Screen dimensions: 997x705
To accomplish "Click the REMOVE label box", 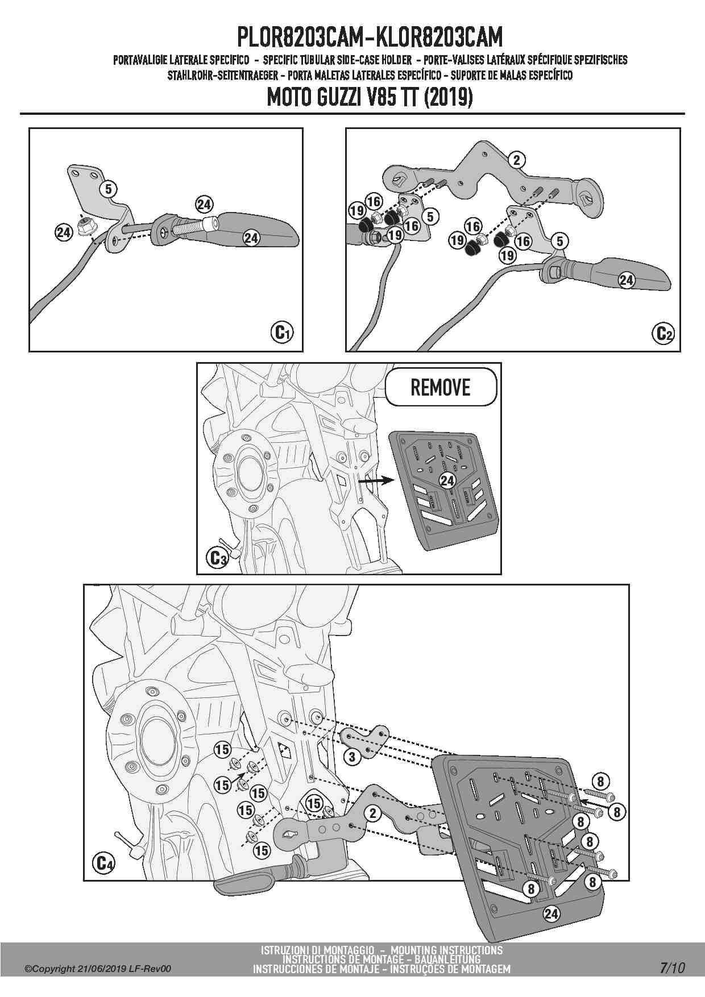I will (441, 388).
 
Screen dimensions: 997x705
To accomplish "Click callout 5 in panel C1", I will (110, 188).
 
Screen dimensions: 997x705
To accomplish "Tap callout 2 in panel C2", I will (517, 160).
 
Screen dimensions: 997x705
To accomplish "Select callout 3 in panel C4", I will (352, 757).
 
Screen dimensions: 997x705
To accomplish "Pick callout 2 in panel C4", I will (373, 813).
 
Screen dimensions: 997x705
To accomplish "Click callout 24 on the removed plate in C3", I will (447, 480).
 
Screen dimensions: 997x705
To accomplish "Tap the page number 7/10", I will (673, 967).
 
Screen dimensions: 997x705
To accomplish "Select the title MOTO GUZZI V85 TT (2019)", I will (370, 98).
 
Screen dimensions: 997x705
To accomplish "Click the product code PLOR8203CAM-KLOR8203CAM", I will (370, 38).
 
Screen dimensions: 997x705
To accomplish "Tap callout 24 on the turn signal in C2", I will (626, 280).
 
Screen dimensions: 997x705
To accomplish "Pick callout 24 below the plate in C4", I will (551, 914).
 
